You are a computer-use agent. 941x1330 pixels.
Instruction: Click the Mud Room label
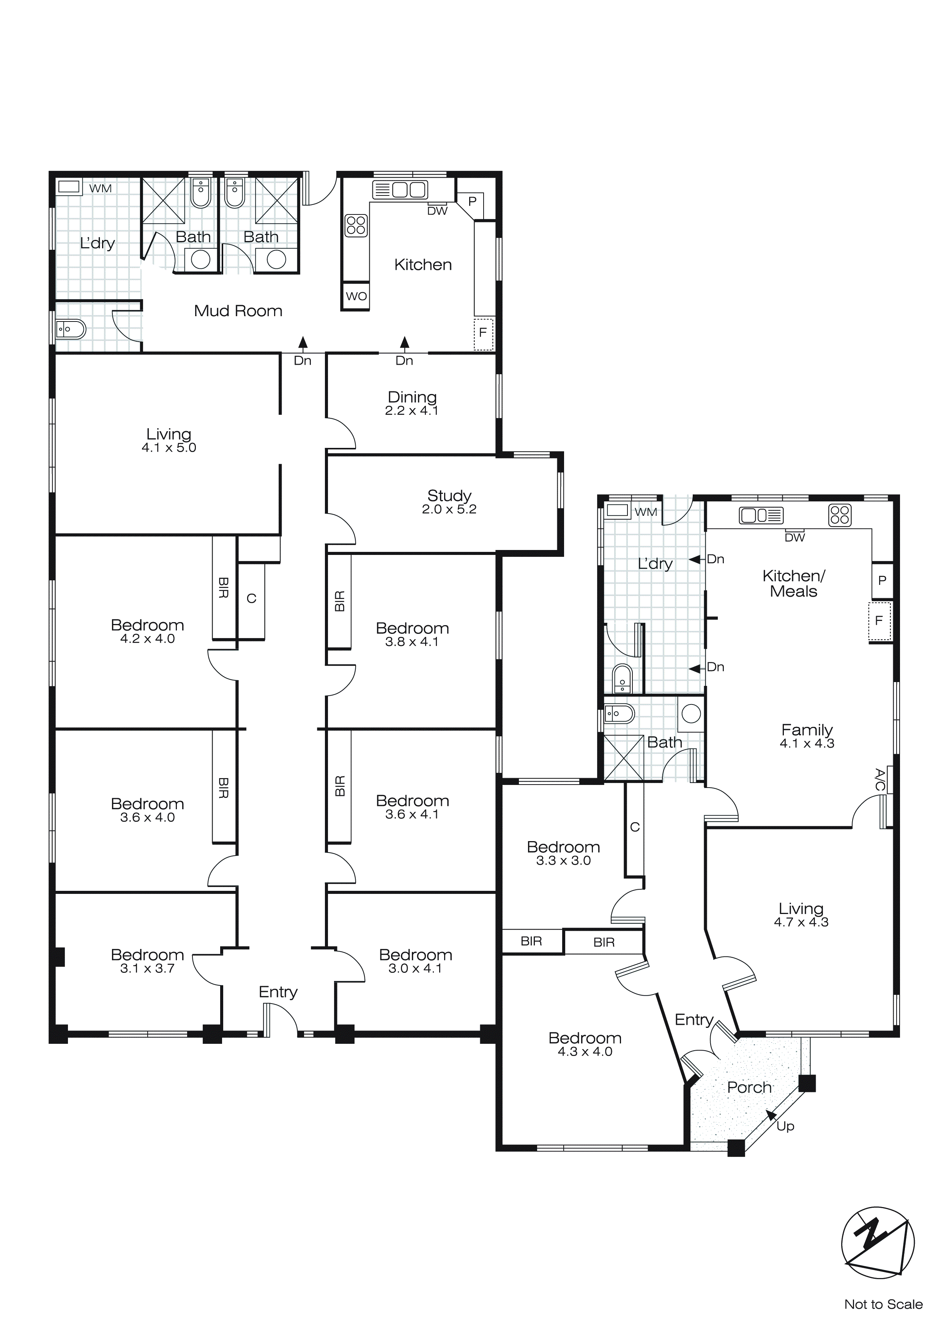[238, 311]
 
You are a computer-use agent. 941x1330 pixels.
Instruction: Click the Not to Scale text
[883, 1304]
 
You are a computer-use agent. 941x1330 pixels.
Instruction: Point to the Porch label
[749, 1087]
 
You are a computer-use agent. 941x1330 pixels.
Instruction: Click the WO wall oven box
[356, 296]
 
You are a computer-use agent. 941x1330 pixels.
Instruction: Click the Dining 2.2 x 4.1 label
[412, 403]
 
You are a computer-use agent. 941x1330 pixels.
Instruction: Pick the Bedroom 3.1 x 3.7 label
[147, 961]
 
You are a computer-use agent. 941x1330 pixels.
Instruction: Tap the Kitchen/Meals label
[793, 583]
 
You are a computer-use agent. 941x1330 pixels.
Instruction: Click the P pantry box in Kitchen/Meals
[882, 580]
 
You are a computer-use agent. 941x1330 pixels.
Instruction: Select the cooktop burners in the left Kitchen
[356, 225]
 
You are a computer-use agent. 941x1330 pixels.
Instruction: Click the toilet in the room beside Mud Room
[71, 329]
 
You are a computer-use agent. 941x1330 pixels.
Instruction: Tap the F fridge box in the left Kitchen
[483, 334]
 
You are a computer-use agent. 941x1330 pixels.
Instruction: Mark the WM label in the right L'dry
[645, 512]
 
